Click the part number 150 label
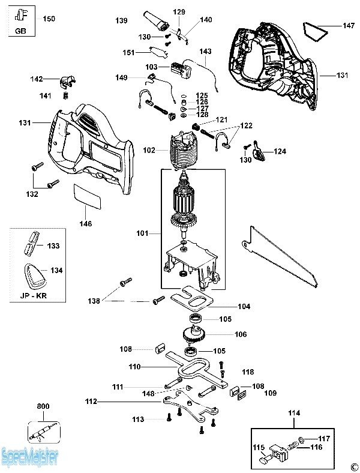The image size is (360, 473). pos(49,19)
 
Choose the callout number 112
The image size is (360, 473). pos(91,402)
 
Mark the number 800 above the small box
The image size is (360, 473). pos(43,406)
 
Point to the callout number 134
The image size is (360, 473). pos(56,271)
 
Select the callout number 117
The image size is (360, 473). pos(324,438)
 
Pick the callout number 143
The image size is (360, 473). pos(206,52)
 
